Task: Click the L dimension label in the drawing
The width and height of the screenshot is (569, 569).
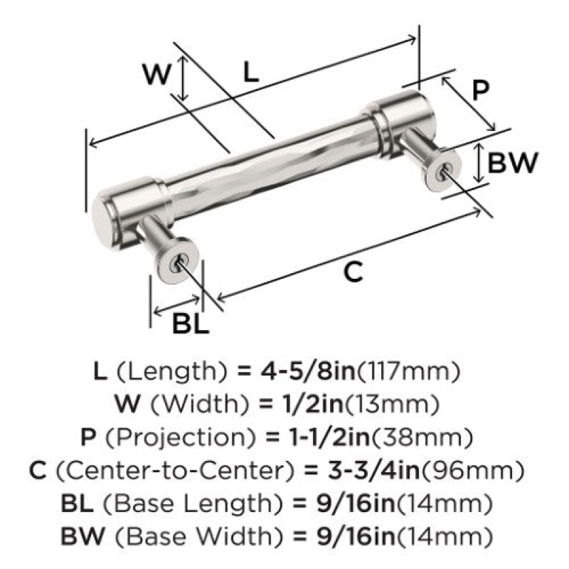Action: [x=251, y=72]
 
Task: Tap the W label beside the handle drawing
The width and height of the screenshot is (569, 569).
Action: [x=156, y=74]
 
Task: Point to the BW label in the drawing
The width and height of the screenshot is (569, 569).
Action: [x=512, y=163]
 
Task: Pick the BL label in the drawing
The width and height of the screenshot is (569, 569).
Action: [x=190, y=324]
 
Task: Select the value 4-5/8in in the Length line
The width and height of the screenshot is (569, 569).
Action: [x=308, y=371]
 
